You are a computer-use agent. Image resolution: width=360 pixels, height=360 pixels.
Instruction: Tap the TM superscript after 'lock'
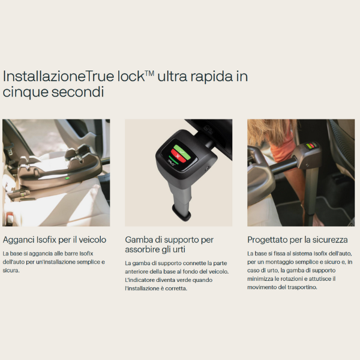pyautogui.click(x=149, y=73)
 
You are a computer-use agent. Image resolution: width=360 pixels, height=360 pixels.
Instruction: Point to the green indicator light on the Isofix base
pyautogui.click(x=67, y=178)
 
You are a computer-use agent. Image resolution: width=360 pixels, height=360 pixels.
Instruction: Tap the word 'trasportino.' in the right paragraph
pyautogui.click(x=298, y=287)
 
